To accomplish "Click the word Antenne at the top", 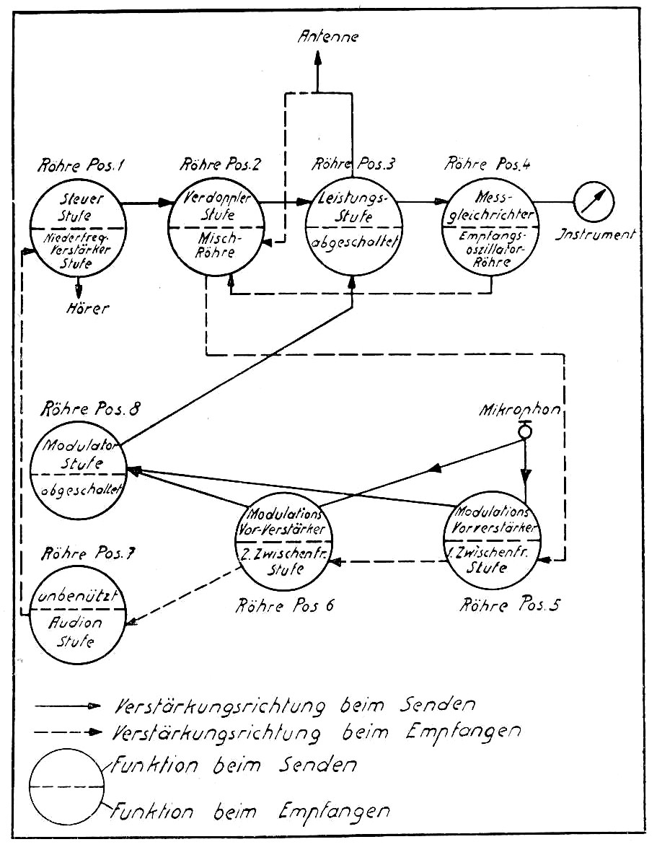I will (x=328, y=38).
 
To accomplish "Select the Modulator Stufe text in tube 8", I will (x=77, y=453).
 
